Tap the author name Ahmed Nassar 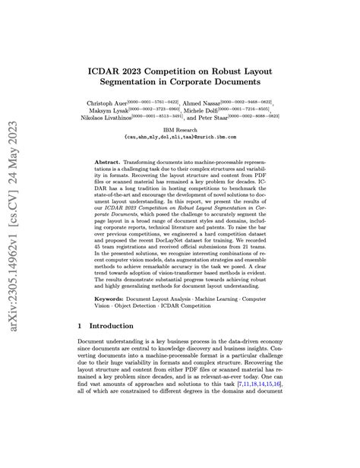201,102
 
